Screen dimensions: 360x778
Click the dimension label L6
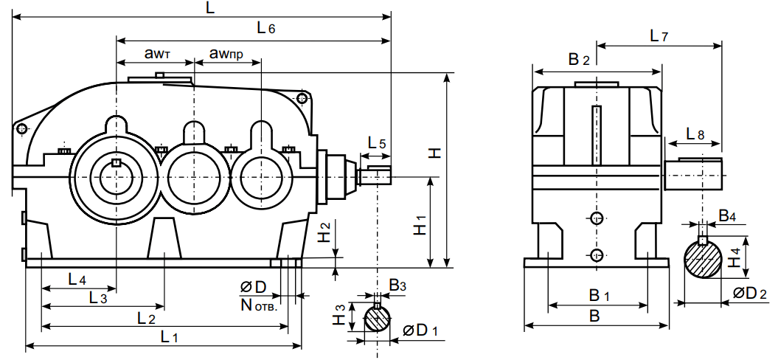point(265,29)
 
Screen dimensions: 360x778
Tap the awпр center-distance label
point(226,53)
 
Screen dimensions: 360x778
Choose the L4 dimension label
point(77,280)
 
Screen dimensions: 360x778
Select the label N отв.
point(257,305)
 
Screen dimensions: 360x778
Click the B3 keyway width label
point(397,285)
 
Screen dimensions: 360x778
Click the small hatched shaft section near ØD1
point(378,319)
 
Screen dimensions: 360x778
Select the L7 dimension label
point(658,35)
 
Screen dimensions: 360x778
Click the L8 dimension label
point(694,134)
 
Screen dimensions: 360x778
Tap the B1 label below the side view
point(598,296)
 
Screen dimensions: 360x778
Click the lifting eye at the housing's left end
point(23,130)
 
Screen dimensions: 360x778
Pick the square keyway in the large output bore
point(115,163)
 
